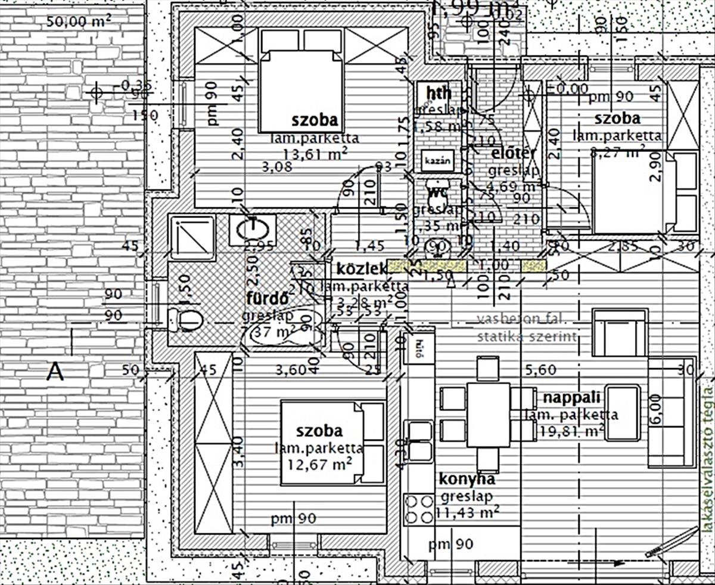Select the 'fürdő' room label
pos(268,297)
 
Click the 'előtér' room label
pos(514,153)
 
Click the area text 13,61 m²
pos(315,155)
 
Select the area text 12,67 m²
pos(319,463)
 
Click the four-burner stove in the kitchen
pos(419,509)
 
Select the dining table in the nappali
pos(488,415)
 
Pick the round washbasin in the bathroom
pos(253,229)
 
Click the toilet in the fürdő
pos(185,320)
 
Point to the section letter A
pos(55,372)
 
